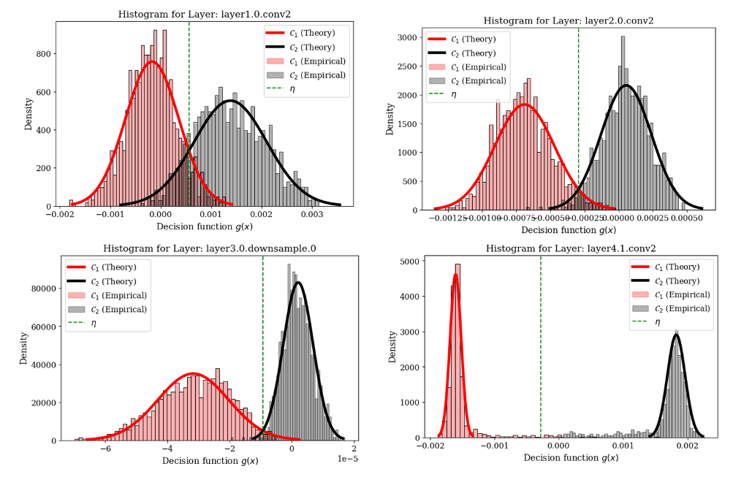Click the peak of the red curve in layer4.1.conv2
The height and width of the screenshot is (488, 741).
456,274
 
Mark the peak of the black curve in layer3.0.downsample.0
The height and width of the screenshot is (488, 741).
297,283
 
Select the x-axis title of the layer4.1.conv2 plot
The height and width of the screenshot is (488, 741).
571,457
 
